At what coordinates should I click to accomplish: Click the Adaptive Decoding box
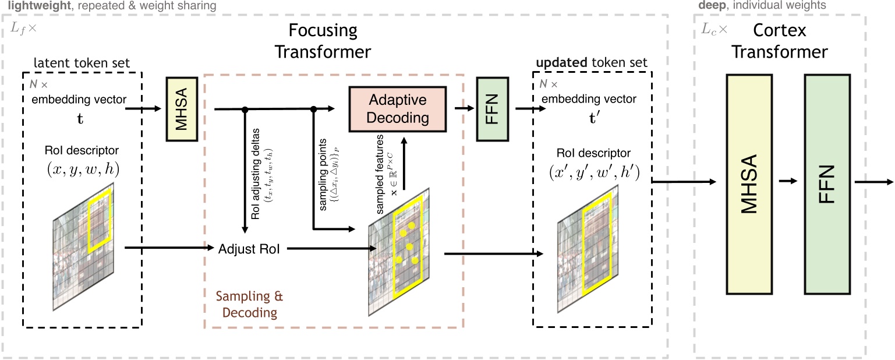tap(397, 108)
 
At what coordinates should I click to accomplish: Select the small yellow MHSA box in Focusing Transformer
tap(180, 108)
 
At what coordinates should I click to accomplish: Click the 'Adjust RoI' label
tap(249, 249)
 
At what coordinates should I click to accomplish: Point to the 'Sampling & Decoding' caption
tap(249, 304)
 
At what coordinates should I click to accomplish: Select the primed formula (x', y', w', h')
tap(592, 174)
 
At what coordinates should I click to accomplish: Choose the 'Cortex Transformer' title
tap(779, 40)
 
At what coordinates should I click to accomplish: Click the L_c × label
tap(710, 27)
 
